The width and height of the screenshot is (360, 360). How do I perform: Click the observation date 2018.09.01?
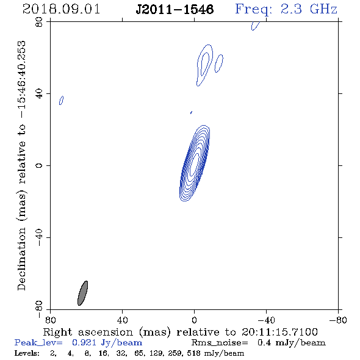(x=61, y=9)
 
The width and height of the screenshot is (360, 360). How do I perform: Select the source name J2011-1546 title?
(x=175, y=10)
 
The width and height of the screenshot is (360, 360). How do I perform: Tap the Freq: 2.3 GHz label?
(x=286, y=9)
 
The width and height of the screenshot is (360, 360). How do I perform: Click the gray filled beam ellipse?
(x=82, y=293)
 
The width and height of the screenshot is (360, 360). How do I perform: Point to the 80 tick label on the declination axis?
(x=39, y=22)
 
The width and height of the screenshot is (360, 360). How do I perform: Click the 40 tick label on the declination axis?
(x=39, y=94)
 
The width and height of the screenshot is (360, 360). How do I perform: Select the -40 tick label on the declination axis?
(x=39, y=237)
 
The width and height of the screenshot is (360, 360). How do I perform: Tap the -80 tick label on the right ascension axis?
(x=338, y=320)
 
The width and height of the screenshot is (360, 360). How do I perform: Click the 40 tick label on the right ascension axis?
(x=122, y=320)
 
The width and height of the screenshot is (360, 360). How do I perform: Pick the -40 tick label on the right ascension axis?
(x=266, y=320)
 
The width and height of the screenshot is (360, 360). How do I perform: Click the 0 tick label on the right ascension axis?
(x=194, y=320)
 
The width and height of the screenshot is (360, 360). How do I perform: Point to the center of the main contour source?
(x=194, y=164)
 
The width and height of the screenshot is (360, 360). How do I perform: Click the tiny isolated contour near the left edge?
(x=61, y=100)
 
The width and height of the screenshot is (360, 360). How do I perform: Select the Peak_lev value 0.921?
(x=84, y=343)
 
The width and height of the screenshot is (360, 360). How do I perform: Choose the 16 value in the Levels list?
(x=103, y=353)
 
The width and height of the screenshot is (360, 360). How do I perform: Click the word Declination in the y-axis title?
(x=21, y=259)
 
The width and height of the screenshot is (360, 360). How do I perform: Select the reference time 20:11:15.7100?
(x=279, y=332)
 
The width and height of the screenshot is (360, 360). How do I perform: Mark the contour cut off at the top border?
(x=255, y=26)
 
